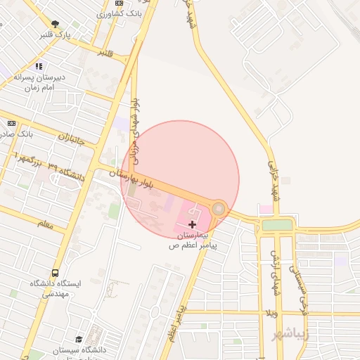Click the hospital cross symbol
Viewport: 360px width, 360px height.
point(193,224)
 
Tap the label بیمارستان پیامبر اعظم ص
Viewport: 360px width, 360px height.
point(193,240)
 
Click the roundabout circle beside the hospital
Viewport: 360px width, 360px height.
point(219,208)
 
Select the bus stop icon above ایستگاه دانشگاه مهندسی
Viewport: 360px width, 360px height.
point(55,273)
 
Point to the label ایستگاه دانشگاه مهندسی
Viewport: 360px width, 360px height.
point(56,289)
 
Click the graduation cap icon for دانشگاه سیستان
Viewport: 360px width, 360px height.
point(79,340)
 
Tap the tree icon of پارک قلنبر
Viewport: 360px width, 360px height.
point(55,23)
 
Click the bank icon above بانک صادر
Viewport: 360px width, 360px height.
point(11,122)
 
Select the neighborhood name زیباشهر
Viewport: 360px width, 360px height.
point(290,333)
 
